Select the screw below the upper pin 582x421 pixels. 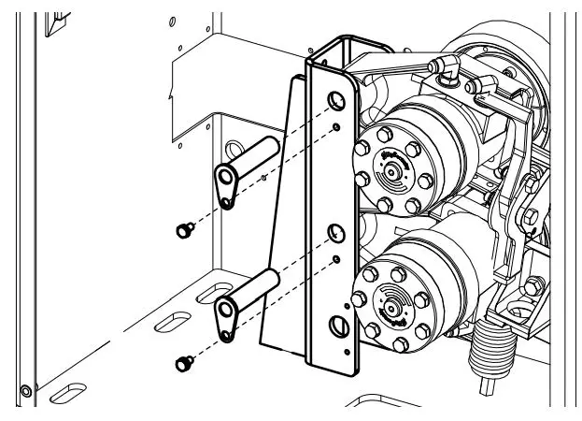[182, 228]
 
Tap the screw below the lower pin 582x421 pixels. [182, 359]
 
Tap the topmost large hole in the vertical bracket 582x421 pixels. [333, 98]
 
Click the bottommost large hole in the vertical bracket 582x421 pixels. [337, 326]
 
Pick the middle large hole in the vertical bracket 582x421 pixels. [333, 230]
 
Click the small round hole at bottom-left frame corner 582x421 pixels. [25, 389]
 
